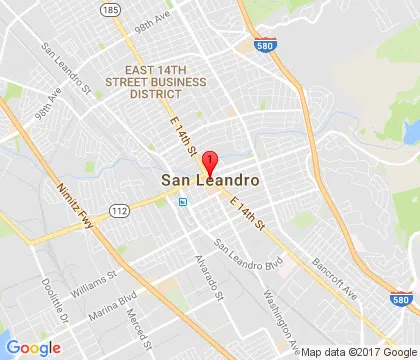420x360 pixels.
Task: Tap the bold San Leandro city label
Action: click(x=211, y=182)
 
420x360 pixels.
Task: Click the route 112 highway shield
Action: click(x=121, y=210)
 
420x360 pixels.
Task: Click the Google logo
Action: click(x=34, y=347)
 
